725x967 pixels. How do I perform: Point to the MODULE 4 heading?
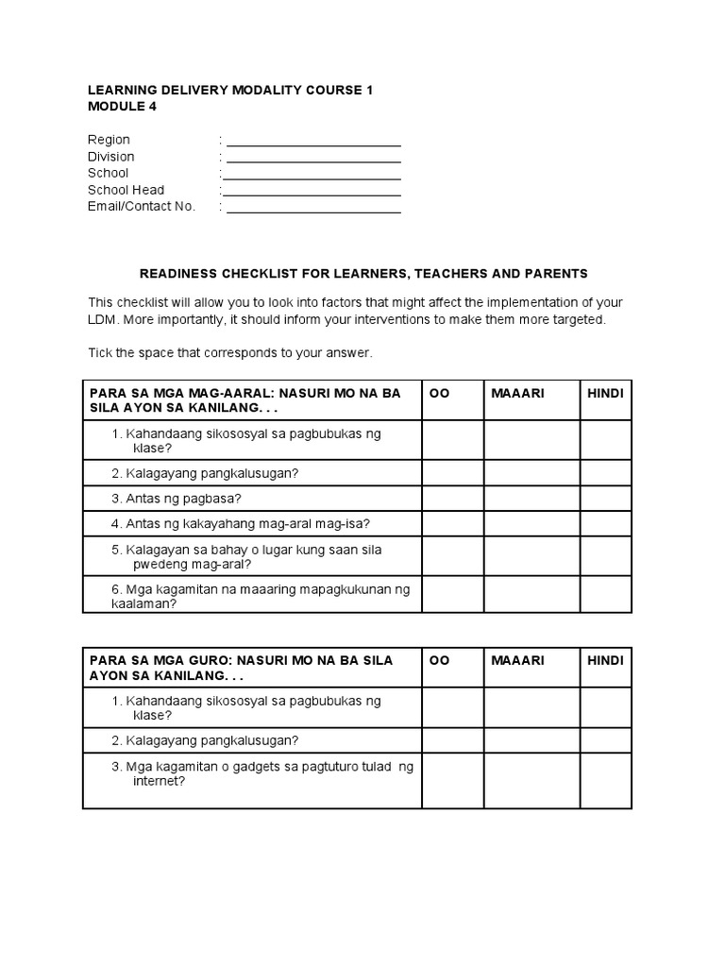click(123, 107)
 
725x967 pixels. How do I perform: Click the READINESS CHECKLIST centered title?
click(363, 274)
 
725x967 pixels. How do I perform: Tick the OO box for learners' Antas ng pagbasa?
click(452, 498)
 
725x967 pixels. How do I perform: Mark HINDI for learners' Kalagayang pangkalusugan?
click(605, 472)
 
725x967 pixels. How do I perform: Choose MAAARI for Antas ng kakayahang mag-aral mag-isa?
click(531, 523)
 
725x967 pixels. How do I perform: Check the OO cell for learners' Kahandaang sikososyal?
click(452, 440)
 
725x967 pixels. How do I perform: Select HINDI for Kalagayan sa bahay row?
click(605, 556)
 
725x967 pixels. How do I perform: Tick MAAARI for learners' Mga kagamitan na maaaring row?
click(531, 595)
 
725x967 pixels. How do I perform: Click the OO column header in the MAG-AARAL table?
click(440, 393)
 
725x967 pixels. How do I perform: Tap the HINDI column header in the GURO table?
click(605, 660)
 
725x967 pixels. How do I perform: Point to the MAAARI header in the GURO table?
click(518, 660)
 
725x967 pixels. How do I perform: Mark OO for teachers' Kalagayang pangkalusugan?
click(452, 739)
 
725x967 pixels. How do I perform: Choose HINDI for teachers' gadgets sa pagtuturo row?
click(605, 780)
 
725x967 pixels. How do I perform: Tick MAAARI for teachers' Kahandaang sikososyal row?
click(531, 707)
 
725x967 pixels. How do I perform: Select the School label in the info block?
click(108, 174)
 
